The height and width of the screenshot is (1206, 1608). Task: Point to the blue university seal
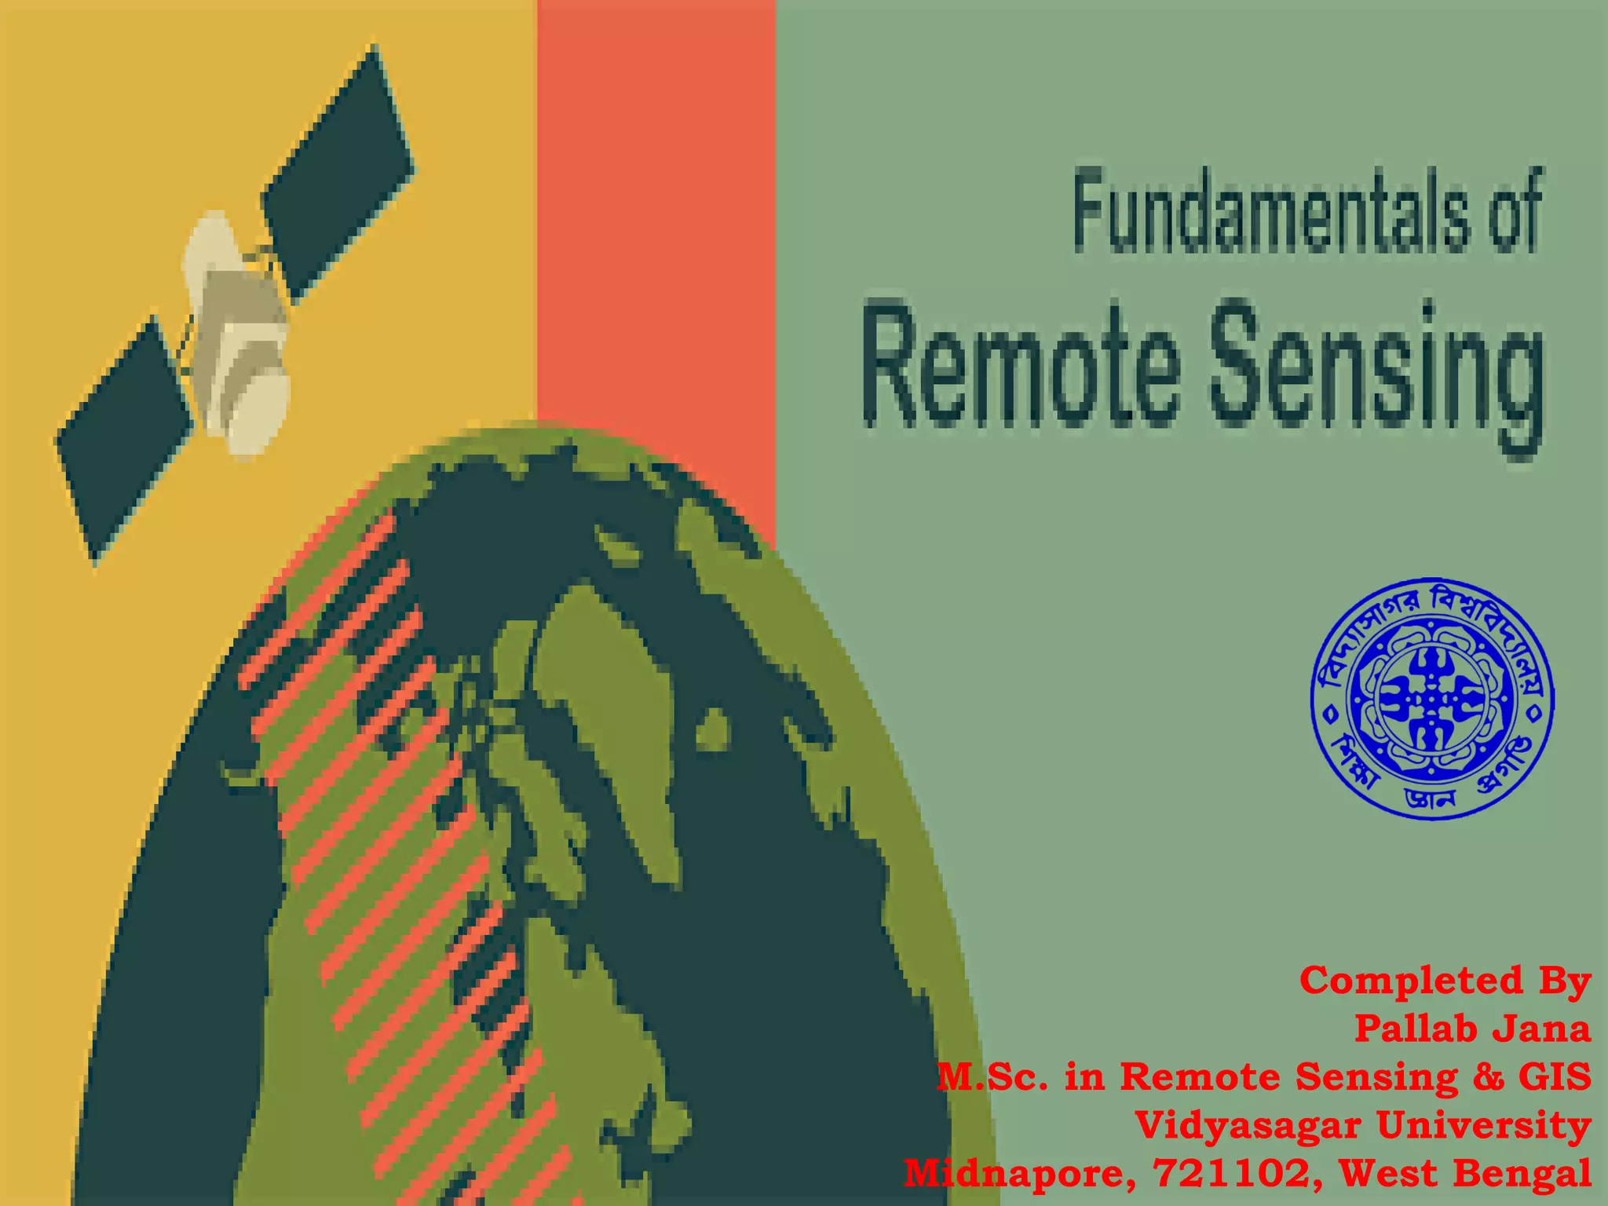click(x=1433, y=700)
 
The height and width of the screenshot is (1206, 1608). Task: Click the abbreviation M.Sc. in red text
click(x=992, y=1076)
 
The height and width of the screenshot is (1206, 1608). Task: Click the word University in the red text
click(x=1484, y=1125)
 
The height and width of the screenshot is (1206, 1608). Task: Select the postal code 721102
click(x=1232, y=1174)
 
